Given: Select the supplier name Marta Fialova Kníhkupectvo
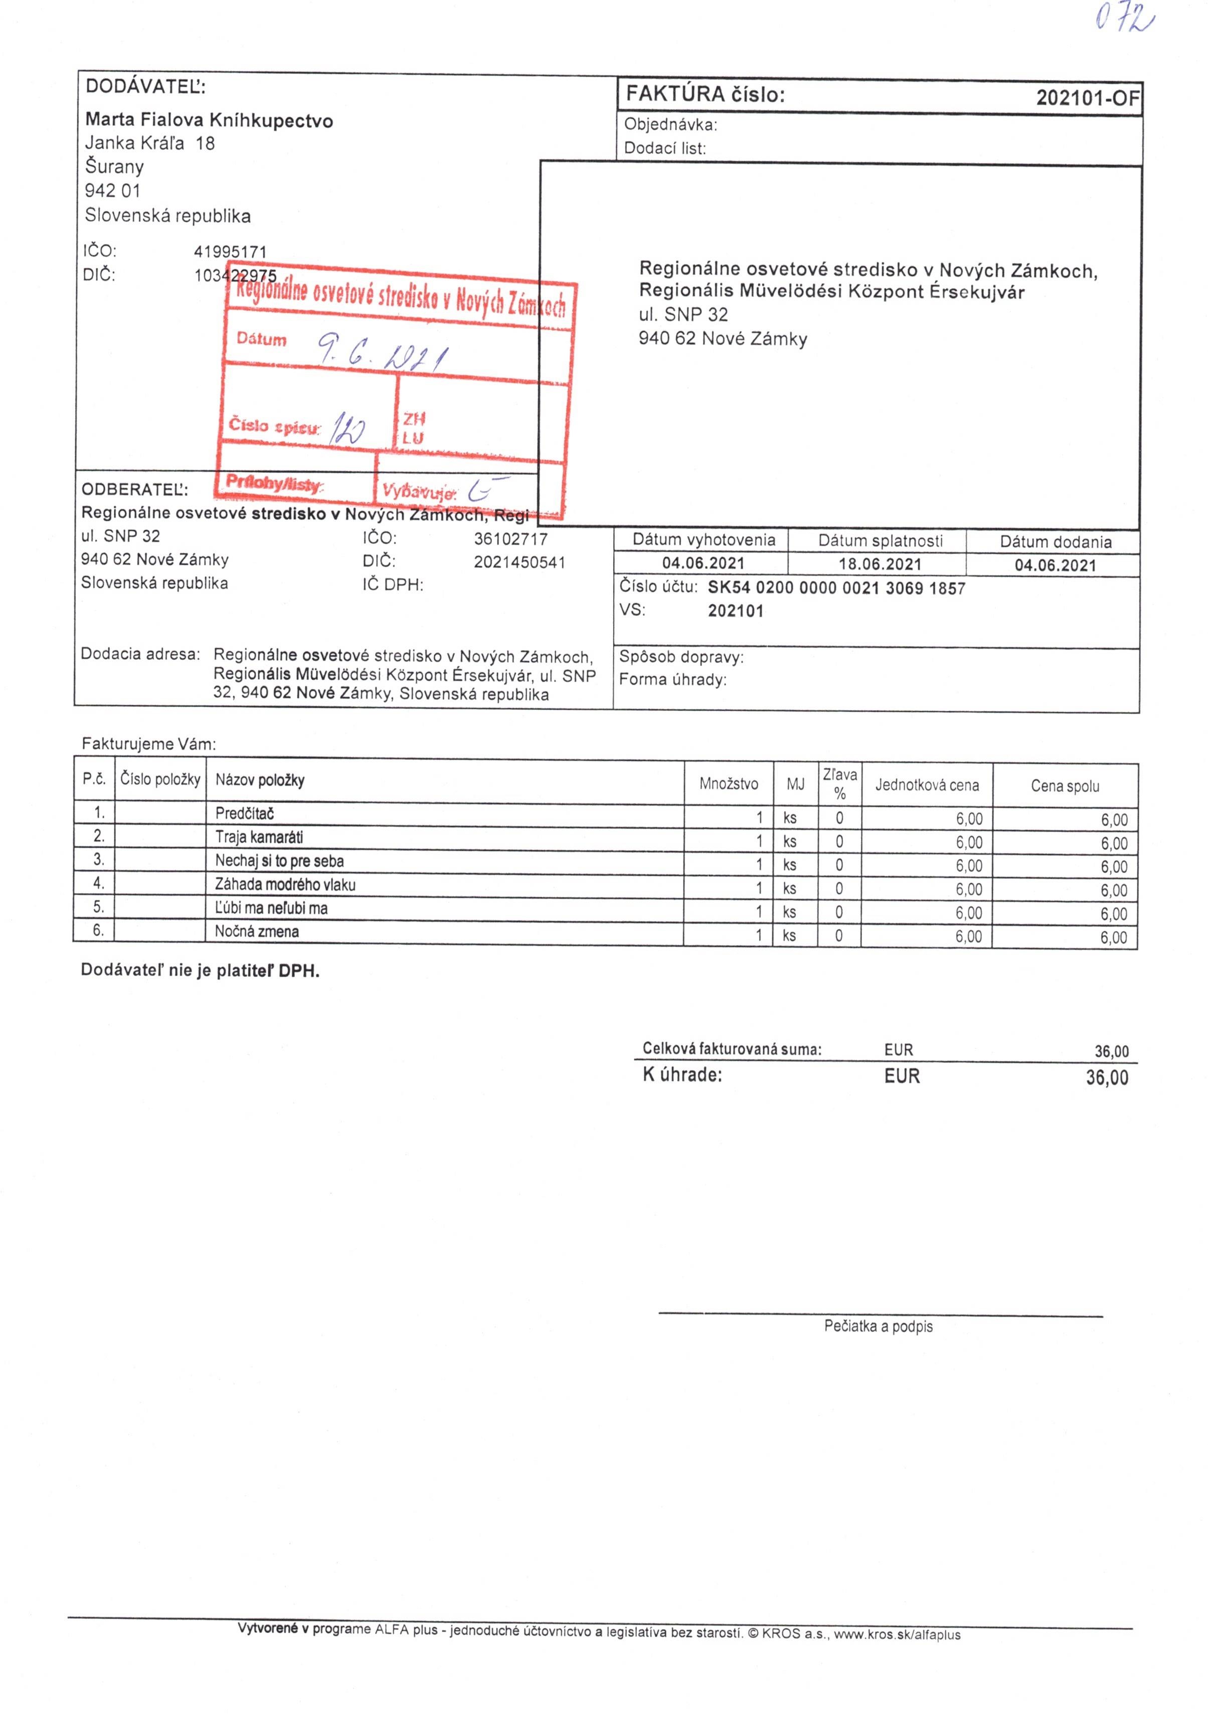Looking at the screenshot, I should point(209,120).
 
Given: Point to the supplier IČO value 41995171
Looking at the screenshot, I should point(230,251).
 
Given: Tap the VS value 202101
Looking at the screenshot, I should point(735,611).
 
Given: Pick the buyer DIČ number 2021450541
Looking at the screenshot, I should point(519,562).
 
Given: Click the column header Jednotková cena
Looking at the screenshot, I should point(927,786).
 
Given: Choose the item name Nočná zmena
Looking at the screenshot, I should point(257,932).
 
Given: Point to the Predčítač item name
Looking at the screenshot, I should point(244,813).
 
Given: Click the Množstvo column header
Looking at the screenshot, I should point(728,784).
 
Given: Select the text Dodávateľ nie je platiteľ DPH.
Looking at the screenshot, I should point(200,970).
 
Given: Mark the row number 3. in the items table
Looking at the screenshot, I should point(98,859).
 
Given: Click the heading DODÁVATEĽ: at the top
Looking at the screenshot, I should point(145,86).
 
